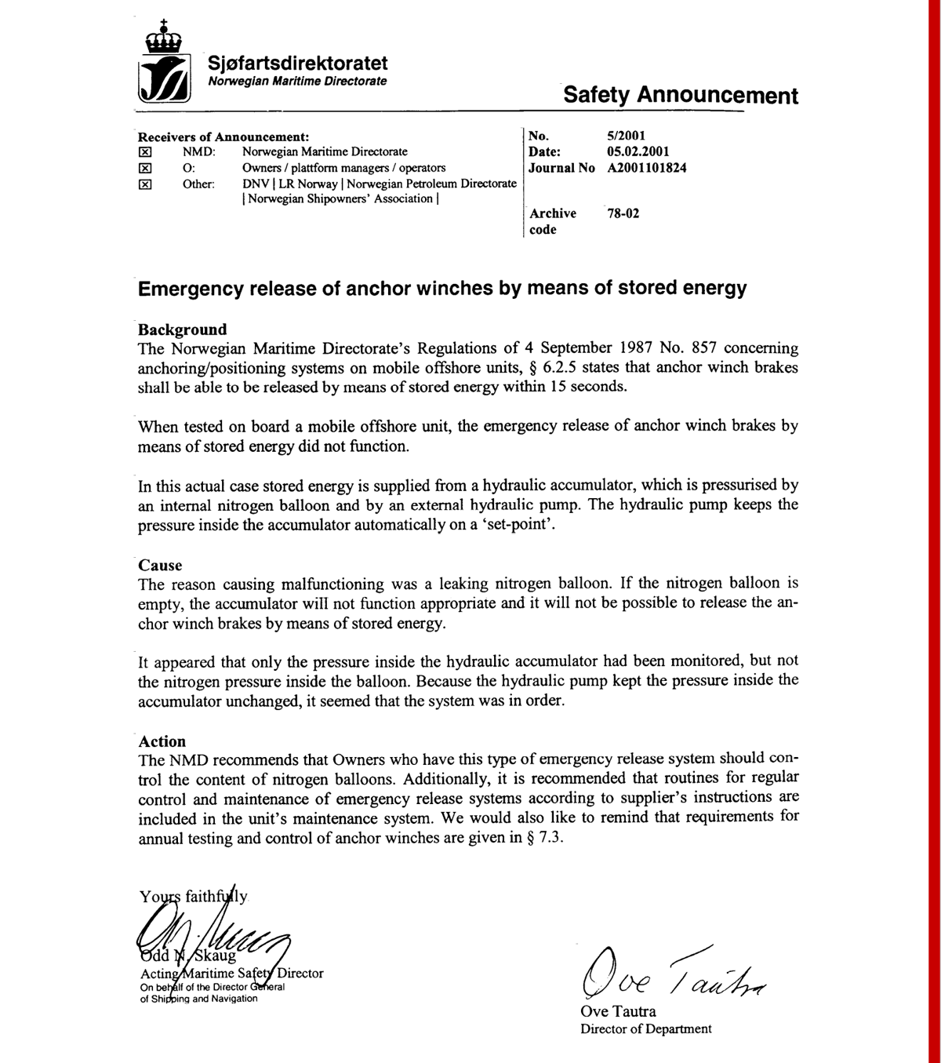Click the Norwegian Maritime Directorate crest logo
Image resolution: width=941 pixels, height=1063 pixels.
coord(164,64)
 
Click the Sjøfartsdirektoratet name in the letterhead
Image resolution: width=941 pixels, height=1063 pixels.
coord(298,63)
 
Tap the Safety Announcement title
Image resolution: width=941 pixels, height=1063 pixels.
coord(680,96)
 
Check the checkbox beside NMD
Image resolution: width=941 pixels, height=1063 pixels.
coord(144,152)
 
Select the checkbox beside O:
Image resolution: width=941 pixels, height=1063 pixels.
coord(144,168)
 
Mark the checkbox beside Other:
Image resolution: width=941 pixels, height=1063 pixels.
coord(144,184)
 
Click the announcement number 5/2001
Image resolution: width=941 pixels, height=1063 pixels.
coord(626,136)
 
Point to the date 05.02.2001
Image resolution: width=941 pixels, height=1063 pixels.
coord(638,151)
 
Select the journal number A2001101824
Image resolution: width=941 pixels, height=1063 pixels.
coord(646,168)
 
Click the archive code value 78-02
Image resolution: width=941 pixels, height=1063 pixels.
coord(623,213)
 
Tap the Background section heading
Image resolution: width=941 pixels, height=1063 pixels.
coord(182,329)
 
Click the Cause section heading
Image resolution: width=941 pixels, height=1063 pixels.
coord(160,565)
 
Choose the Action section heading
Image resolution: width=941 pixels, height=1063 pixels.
coord(162,741)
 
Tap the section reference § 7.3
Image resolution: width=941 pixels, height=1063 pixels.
coord(547,837)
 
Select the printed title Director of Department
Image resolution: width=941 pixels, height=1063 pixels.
coord(645,1028)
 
